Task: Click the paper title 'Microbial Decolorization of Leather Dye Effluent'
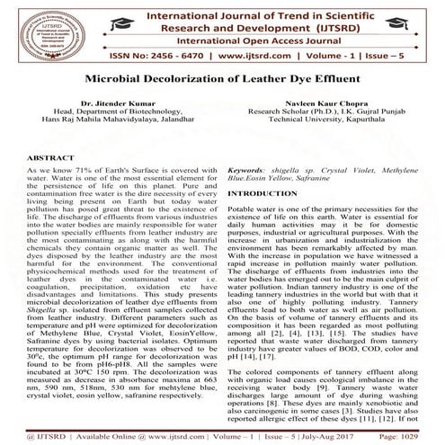click(x=222, y=79)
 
